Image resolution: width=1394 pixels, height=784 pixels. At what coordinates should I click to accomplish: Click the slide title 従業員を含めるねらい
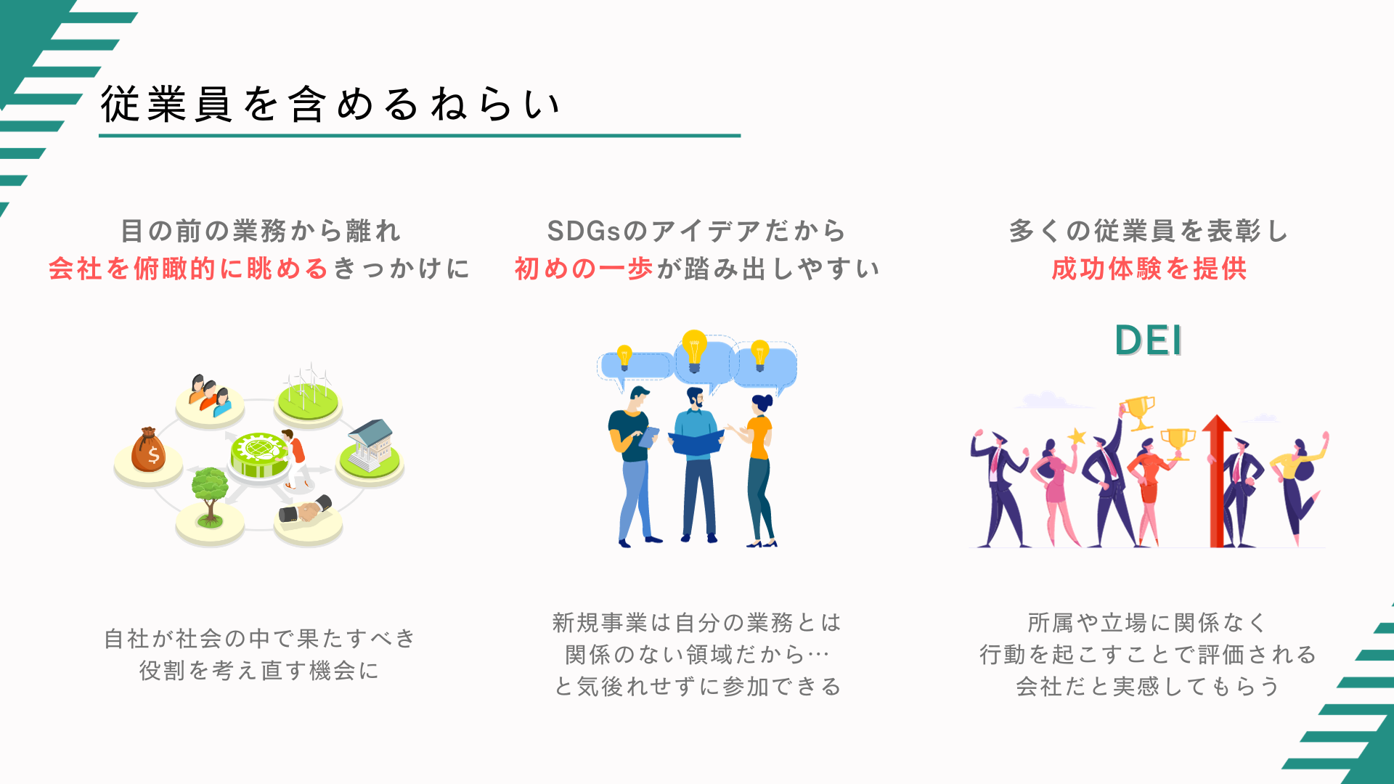click(x=330, y=105)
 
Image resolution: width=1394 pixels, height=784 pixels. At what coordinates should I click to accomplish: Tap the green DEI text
click(x=1148, y=340)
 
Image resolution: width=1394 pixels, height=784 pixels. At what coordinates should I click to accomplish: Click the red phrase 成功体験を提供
click(x=1149, y=269)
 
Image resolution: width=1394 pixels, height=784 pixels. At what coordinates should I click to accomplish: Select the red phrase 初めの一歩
click(x=584, y=269)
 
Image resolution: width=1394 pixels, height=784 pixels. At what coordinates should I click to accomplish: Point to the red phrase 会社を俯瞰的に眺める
click(x=189, y=269)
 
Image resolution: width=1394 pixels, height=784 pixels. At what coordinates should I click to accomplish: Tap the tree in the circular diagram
click(x=209, y=494)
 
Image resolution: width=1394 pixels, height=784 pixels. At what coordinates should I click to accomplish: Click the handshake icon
click(x=306, y=510)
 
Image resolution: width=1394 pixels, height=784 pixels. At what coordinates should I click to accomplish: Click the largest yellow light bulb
click(x=694, y=348)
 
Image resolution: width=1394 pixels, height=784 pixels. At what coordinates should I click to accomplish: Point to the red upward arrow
click(x=1217, y=479)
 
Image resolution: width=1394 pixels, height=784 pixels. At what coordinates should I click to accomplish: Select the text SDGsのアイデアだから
click(x=696, y=232)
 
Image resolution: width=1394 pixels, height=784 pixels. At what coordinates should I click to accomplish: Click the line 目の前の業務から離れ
click(x=261, y=232)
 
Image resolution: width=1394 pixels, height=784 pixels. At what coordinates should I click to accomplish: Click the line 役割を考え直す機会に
click(x=259, y=671)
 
